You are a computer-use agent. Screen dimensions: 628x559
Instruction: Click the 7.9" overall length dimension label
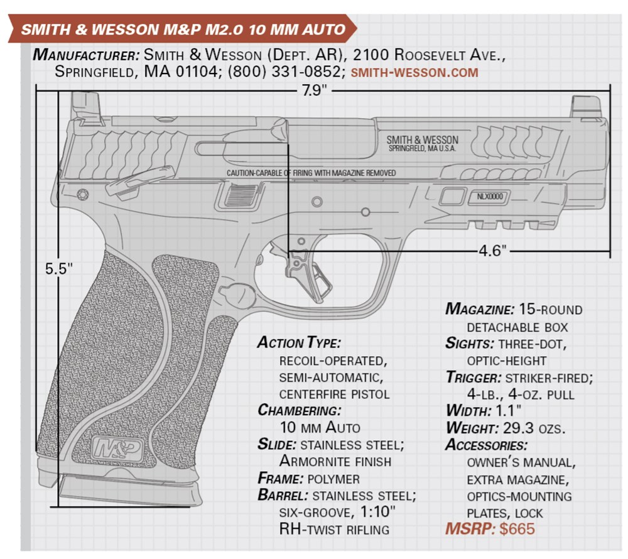(314, 90)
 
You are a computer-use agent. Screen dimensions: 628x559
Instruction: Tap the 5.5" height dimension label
(59, 269)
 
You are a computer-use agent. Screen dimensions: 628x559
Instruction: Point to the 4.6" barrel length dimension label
(492, 251)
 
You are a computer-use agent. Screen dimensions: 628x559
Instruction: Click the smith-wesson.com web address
(414, 72)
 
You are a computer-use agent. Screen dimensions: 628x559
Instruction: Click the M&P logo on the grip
(117, 448)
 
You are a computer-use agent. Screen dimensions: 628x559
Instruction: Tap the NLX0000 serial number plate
(489, 197)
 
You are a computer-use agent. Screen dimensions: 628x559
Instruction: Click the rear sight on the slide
(86, 107)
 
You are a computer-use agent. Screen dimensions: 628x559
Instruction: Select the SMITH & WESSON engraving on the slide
(422, 139)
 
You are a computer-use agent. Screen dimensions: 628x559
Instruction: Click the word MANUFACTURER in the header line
(86, 55)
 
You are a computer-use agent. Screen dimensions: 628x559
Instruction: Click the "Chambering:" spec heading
(299, 410)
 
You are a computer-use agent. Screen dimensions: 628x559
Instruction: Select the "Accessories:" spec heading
(486, 445)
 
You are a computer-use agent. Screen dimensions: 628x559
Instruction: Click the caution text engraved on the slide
(311, 173)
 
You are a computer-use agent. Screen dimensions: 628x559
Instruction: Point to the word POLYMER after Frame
(333, 479)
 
